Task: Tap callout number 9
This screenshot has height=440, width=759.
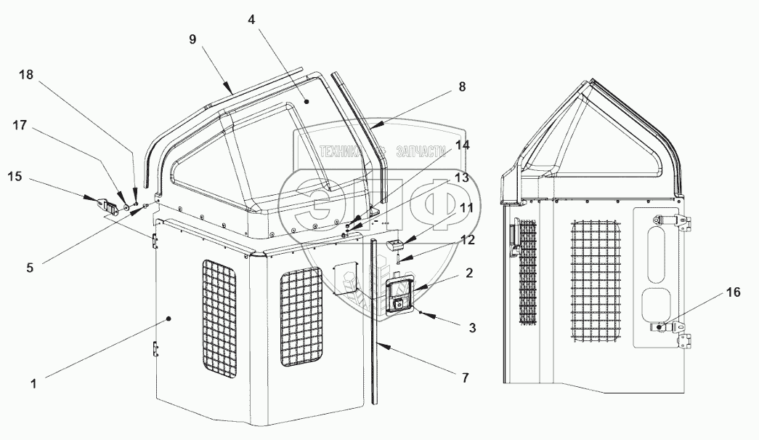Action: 192,39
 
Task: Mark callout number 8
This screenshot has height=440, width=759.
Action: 462,86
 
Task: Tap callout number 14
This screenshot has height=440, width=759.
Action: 462,145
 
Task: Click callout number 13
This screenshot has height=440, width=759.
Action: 462,177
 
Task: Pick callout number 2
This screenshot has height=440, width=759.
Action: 470,273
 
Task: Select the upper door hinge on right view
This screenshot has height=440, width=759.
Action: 673,220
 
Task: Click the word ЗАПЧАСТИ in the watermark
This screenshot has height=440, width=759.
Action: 418,151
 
